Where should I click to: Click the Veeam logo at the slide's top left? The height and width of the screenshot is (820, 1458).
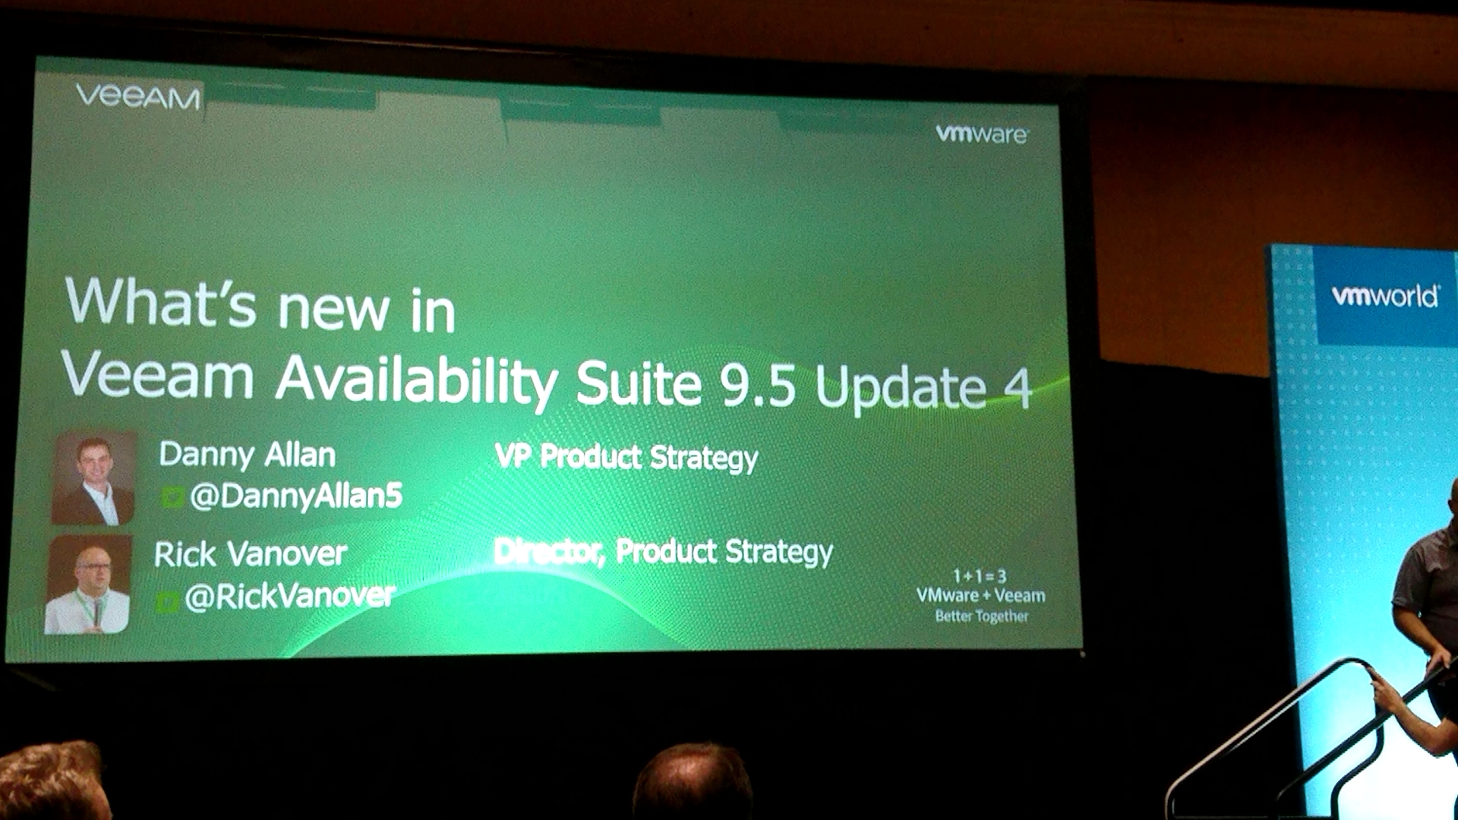click(x=138, y=96)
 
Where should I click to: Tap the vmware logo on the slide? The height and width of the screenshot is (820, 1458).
click(x=983, y=134)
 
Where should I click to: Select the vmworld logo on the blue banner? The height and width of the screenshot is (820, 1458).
click(x=1386, y=295)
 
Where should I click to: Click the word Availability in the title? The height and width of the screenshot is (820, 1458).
click(x=416, y=381)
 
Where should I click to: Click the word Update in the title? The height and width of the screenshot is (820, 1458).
click(x=901, y=388)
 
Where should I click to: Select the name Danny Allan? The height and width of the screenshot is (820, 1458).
click(x=248, y=454)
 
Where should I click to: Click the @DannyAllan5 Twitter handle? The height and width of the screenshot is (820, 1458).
click(x=296, y=496)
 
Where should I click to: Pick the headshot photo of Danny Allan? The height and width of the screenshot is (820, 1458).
click(x=93, y=478)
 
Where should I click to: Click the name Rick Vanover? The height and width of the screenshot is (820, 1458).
click(x=251, y=554)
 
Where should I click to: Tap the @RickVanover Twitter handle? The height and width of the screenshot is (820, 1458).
click(x=290, y=596)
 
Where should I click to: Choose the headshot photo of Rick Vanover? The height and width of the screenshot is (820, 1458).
click(x=88, y=585)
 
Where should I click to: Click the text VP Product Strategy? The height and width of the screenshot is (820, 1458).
click(x=626, y=457)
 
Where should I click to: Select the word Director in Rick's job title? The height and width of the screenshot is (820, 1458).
click(x=549, y=551)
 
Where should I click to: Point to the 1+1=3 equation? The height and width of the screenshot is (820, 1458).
click(x=980, y=576)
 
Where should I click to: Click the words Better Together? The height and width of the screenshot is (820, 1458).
click(x=982, y=616)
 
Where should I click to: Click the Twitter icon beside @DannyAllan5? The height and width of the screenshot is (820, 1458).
click(x=173, y=497)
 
